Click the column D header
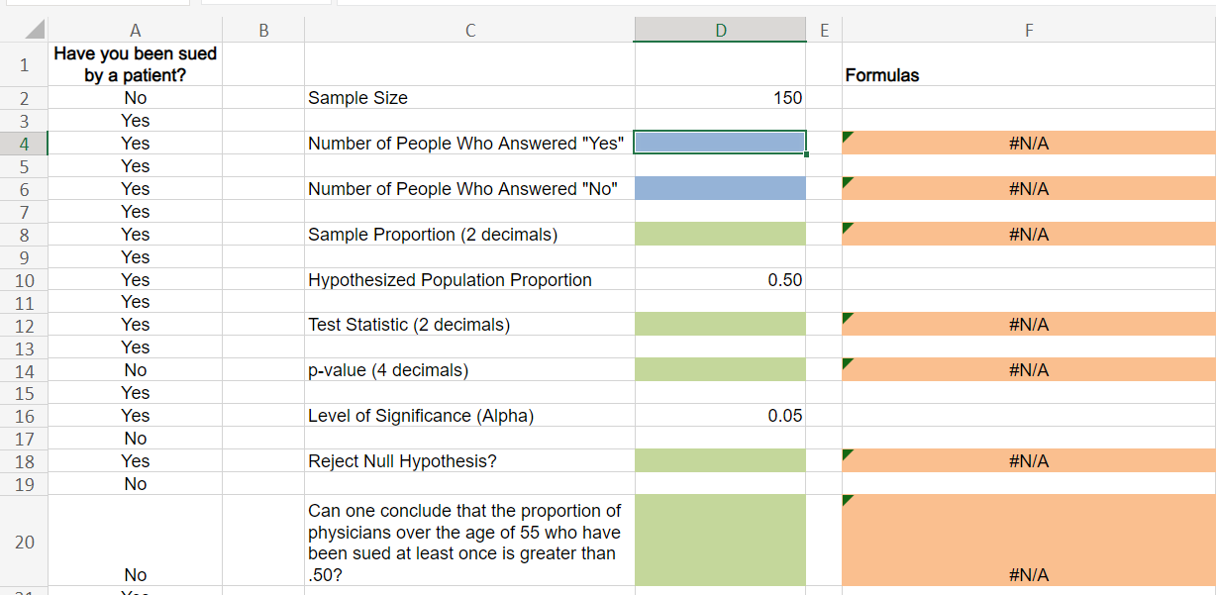(x=720, y=31)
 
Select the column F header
(x=1028, y=31)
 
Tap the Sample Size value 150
(x=720, y=98)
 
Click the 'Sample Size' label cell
(x=468, y=98)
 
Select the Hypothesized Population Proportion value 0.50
(x=720, y=280)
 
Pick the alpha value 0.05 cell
(x=720, y=416)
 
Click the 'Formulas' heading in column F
(x=881, y=75)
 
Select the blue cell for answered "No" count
(x=720, y=188)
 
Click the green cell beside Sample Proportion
(x=720, y=235)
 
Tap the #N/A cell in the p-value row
(x=1028, y=370)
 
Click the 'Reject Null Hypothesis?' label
(x=468, y=461)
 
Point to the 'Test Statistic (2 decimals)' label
(x=468, y=325)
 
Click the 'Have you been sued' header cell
(x=135, y=64)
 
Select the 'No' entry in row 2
(x=135, y=98)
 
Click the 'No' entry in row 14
(x=135, y=370)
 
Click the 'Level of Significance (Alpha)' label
(x=468, y=416)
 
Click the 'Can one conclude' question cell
(x=468, y=542)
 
